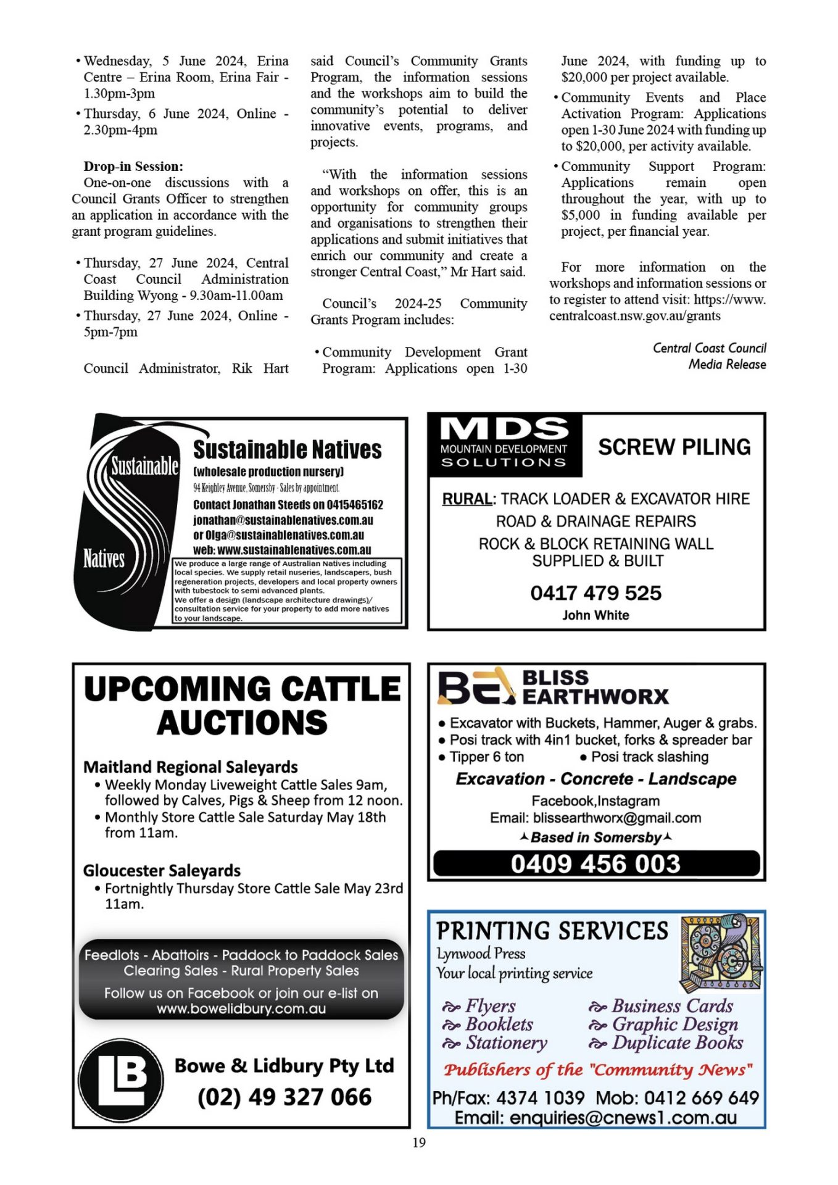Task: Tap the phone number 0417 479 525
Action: pos(595,593)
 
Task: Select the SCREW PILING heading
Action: pos(674,447)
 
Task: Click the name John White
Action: pos(595,615)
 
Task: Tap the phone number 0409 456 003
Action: pos(595,863)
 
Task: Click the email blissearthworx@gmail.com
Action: pos(617,818)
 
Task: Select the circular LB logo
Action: pos(121,1081)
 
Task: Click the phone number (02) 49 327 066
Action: pos(284,1097)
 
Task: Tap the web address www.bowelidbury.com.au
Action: pos(241,1008)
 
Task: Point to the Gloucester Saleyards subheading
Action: pos(162,871)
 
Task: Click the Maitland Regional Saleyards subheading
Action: pos(191,767)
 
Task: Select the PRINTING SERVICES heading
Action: pos(552,931)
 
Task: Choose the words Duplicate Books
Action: pos(677,1043)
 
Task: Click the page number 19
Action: pos(419,1142)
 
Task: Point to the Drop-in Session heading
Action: pos(133,167)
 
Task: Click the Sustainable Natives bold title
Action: pos(287,450)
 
